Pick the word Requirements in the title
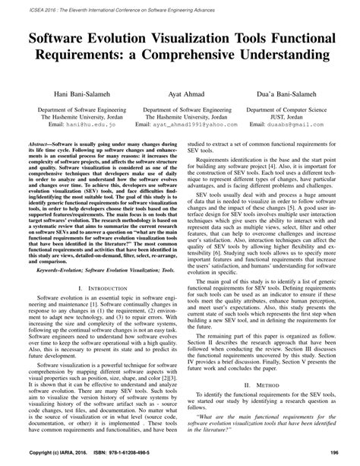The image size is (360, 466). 86,57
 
